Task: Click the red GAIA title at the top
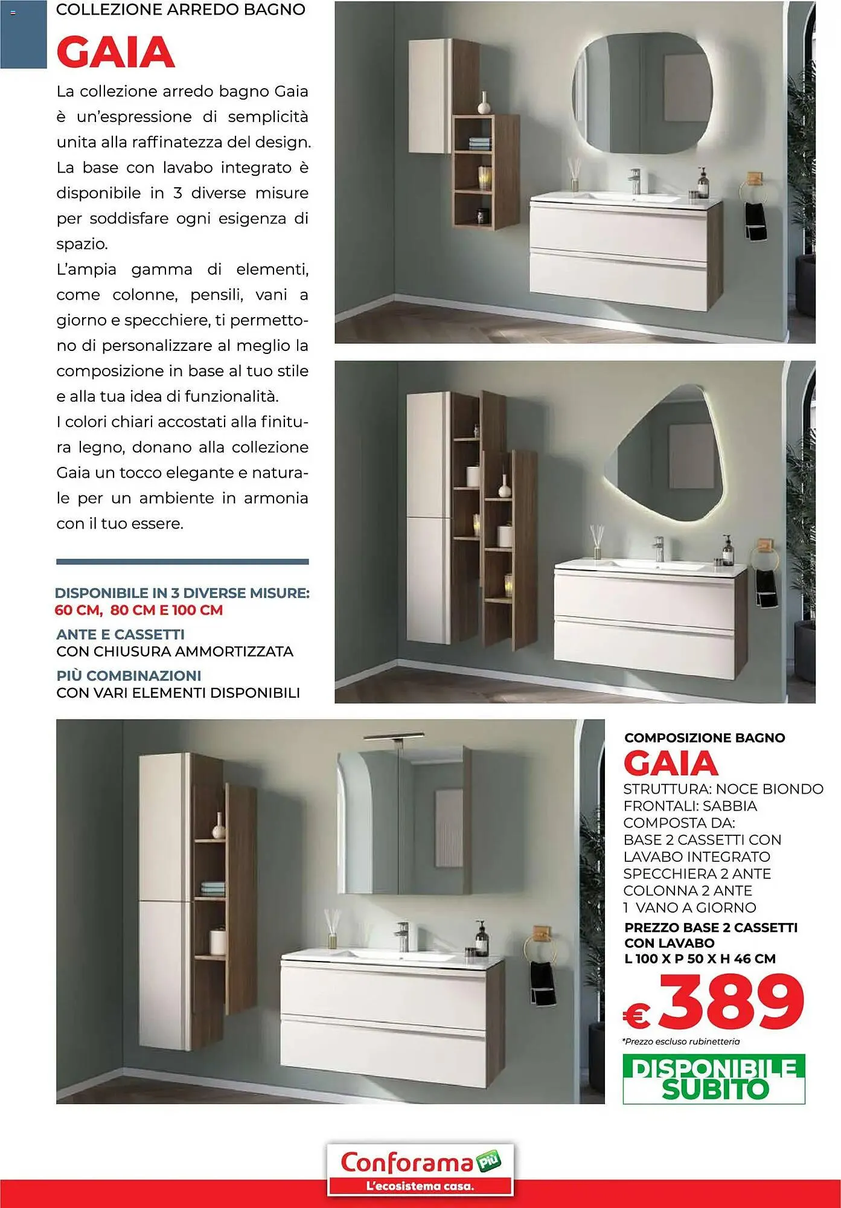point(115,53)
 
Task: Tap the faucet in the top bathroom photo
point(635,181)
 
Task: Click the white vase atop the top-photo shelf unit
point(484,105)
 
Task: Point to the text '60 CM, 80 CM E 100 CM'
point(139,610)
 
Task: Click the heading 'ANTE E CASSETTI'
point(120,634)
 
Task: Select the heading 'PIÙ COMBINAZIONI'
point(129,675)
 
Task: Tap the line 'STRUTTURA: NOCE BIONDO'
point(723,789)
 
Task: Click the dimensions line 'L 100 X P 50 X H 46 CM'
point(700,959)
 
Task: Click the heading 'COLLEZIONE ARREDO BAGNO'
point(181,10)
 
